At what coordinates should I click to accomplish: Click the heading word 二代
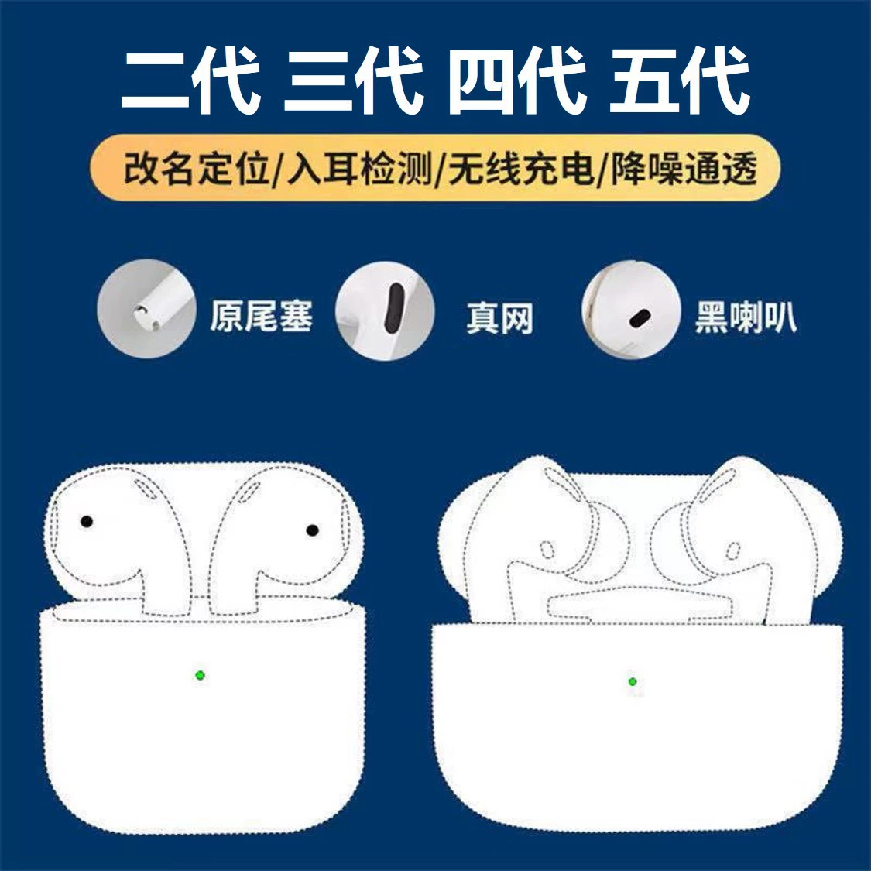point(190,80)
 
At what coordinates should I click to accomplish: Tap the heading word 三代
point(353,80)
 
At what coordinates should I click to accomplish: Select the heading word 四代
point(517,80)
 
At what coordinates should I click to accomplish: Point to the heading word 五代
point(680,80)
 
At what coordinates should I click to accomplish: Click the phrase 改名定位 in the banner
point(197,168)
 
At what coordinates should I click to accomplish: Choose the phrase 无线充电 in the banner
point(520,168)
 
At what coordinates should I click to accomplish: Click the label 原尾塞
point(261,317)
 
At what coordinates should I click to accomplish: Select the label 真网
point(499,318)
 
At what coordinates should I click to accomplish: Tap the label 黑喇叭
point(745,317)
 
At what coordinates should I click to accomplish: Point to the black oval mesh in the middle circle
point(395,310)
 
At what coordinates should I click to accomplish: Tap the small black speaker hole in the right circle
point(639,318)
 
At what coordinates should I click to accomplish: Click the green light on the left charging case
point(200,675)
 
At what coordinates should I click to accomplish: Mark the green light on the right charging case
point(633,682)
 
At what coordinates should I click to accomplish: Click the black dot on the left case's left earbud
point(87,522)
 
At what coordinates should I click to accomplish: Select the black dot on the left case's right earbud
point(313,530)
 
